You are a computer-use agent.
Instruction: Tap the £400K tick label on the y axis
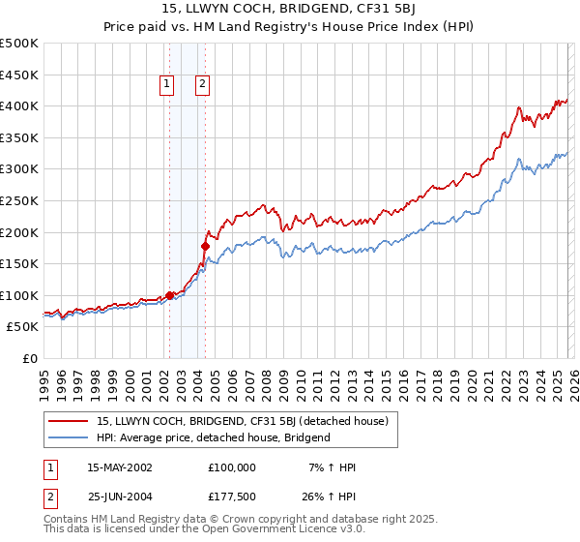click(x=19, y=105)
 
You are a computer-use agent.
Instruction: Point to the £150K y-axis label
click(x=19, y=263)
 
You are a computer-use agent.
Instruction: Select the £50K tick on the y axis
click(x=22, y=327)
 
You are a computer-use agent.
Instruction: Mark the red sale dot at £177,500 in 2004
click(x=205, y=246)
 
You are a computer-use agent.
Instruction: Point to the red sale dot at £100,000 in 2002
click(x=169, y=295)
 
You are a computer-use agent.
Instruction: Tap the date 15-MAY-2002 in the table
click(x=119, y=467)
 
